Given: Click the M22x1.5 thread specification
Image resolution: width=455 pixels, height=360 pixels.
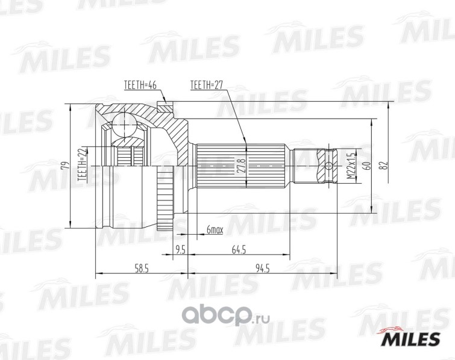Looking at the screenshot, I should click(x=349, y=164).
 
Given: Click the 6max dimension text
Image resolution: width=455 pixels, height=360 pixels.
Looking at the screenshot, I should click(x=215, y=229).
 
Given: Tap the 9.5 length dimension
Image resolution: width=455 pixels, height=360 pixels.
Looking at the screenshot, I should click(x=180, y=249).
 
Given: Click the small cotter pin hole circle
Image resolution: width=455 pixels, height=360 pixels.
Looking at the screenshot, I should click(x=329, y=164).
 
